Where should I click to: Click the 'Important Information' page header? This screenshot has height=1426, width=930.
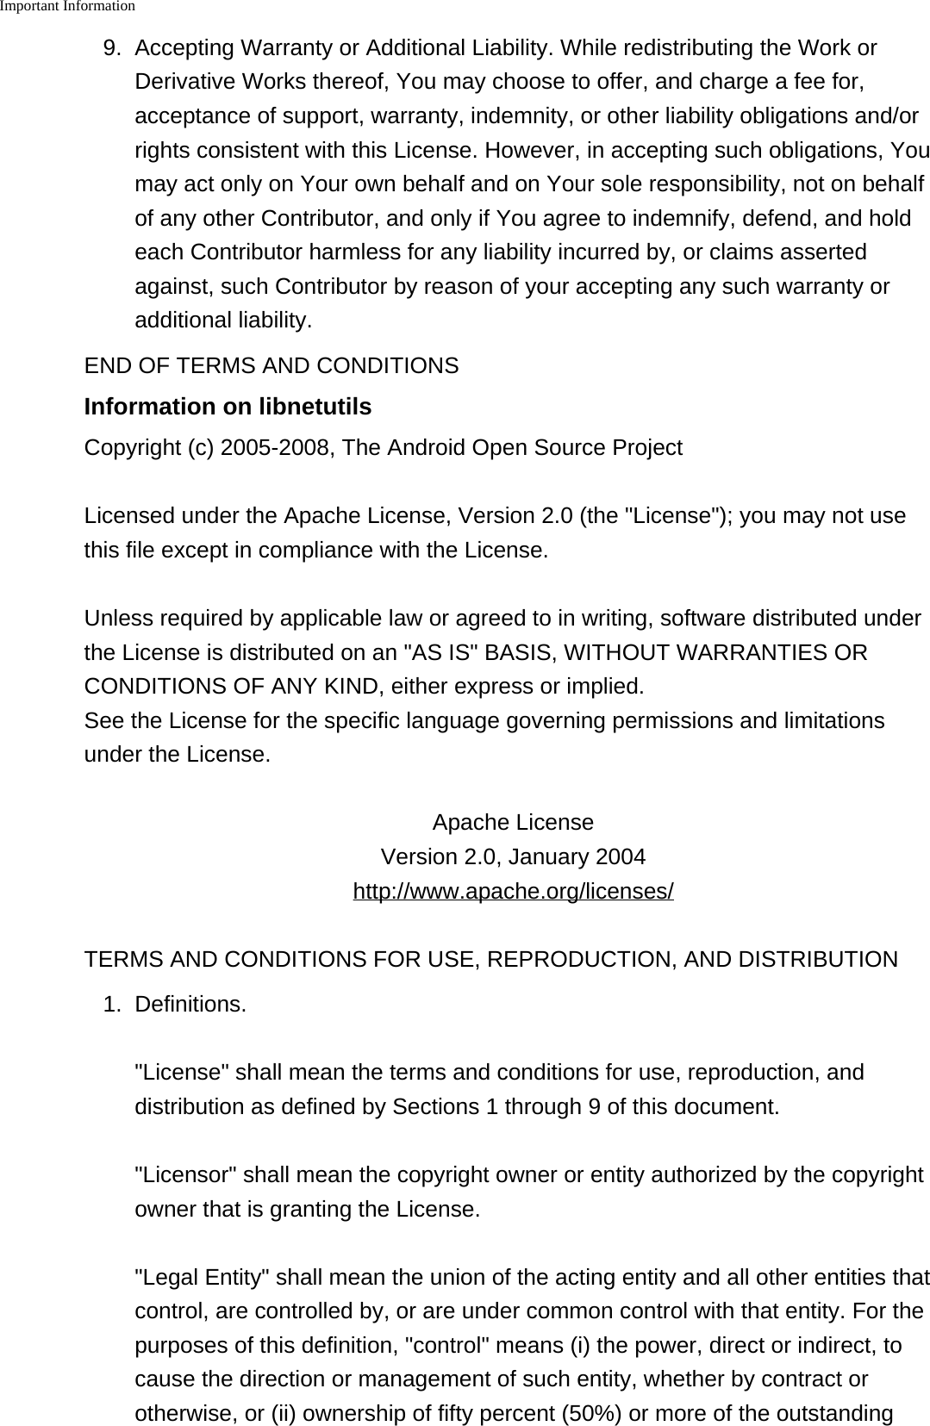(x=67, y=7)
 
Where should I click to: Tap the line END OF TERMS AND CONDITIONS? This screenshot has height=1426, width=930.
(x=272, y=366)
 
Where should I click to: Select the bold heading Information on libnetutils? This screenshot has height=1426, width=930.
(x=228, y=407)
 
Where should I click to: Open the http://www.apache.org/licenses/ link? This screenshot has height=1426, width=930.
(x=513, y=892)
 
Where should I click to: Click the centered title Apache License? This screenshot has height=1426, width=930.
(x=513, y=823)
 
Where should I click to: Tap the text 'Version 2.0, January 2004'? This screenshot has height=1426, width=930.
(x=513, y=857)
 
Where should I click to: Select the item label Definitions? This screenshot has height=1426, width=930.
(x=190, y=1005)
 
